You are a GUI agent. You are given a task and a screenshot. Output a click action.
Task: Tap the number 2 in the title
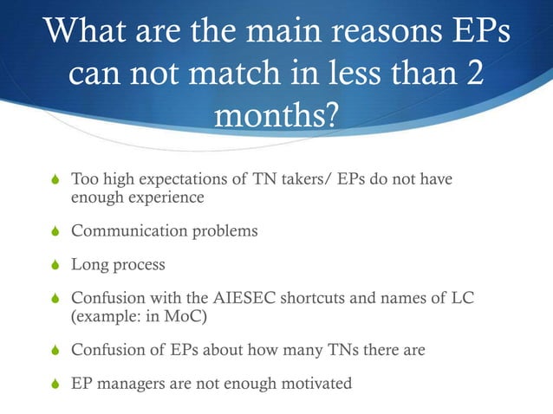point(474,75)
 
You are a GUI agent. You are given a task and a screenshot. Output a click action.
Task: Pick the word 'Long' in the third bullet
point(88,265)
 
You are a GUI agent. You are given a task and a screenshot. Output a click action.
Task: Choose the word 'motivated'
point(314,382)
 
